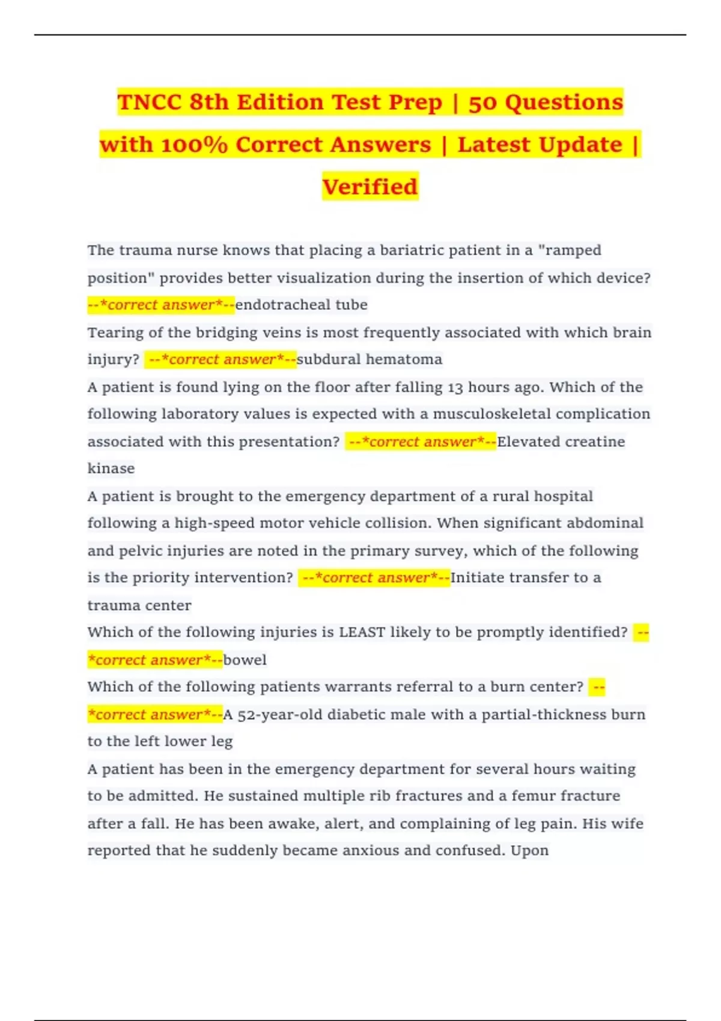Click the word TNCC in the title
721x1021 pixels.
(x=149, y=103)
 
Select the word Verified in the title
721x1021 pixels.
(x=370, y=187)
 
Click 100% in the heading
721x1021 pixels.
(x=193, y=145)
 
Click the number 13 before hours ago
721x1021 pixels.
(x=455, y=387)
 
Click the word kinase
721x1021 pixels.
(x=111, y=468)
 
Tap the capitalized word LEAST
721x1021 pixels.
(x=362, y=632)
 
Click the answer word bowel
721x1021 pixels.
(x=245, y=660)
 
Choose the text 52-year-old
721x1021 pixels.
(x=280, y=715)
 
